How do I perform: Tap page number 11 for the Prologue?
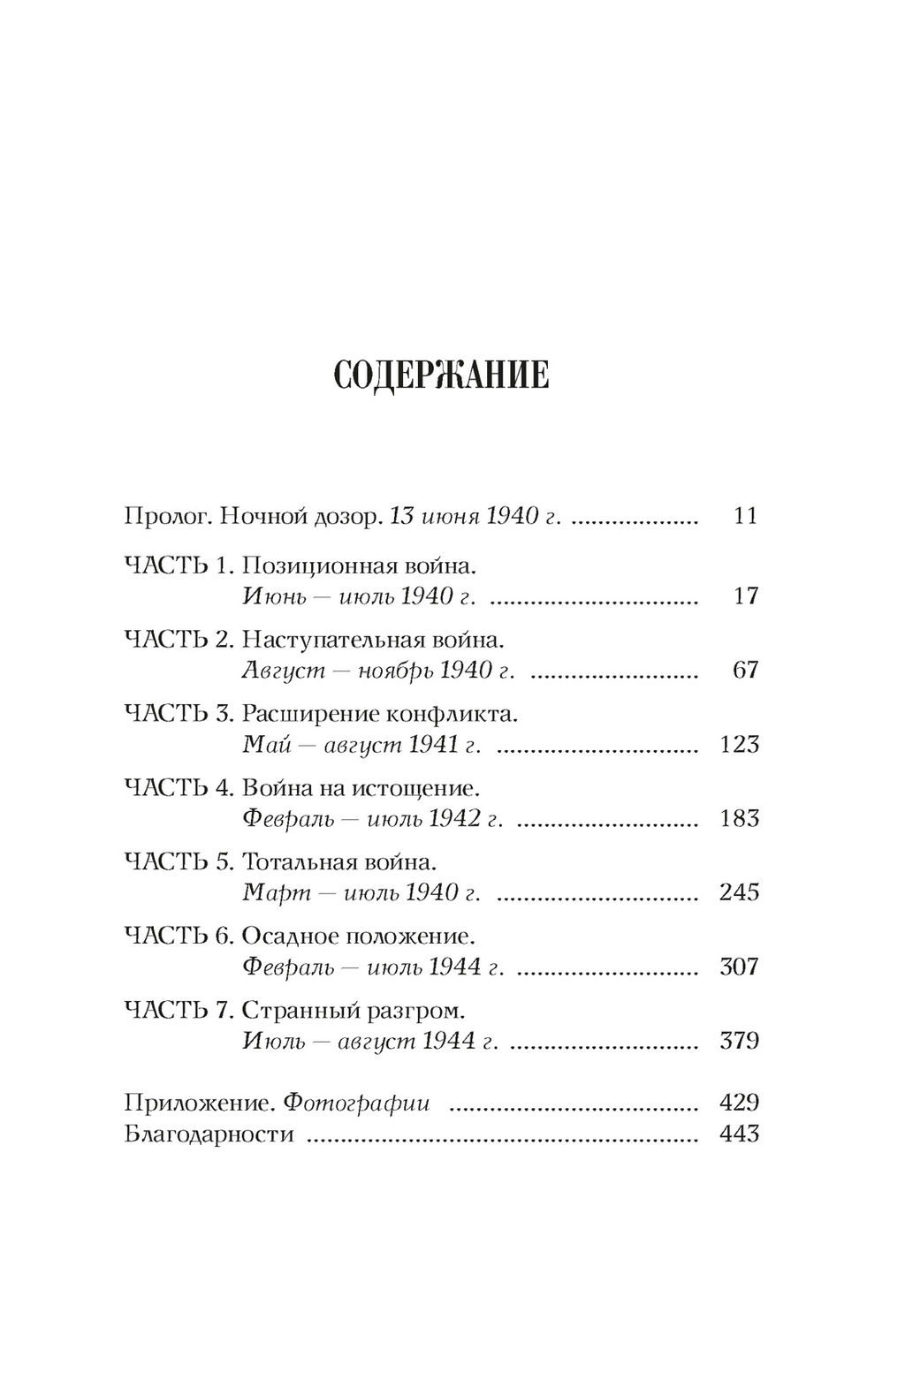click(x=745, y=516)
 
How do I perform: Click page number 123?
click(x=739, y=744)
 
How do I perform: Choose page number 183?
click(x=739, y=818)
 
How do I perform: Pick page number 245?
click(x=739, y=892)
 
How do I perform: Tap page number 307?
click(x=739, y=967)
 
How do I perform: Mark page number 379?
click(x=739, y=1041)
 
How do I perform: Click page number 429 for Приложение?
click(x=739, y=1103)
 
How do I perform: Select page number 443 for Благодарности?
click(x=739, y=1134)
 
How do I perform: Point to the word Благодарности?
click(x=209, y=1134)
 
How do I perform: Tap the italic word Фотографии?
click(x=359, y=1104)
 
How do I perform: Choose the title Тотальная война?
click(x=339, y=862)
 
